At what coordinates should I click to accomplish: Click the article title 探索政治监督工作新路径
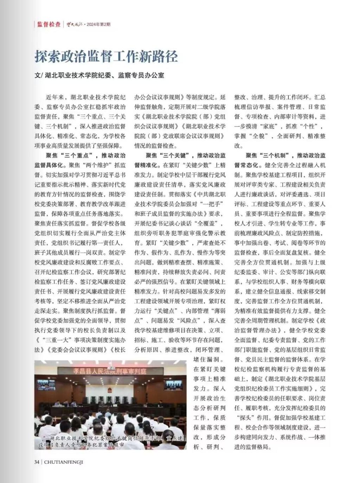click(x=106, y=56)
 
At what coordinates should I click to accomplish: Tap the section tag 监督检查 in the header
click(x=49, y=25)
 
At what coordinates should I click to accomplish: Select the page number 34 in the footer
click(x=37, y=462)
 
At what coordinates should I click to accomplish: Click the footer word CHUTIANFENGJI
click(x=64, y=462)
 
